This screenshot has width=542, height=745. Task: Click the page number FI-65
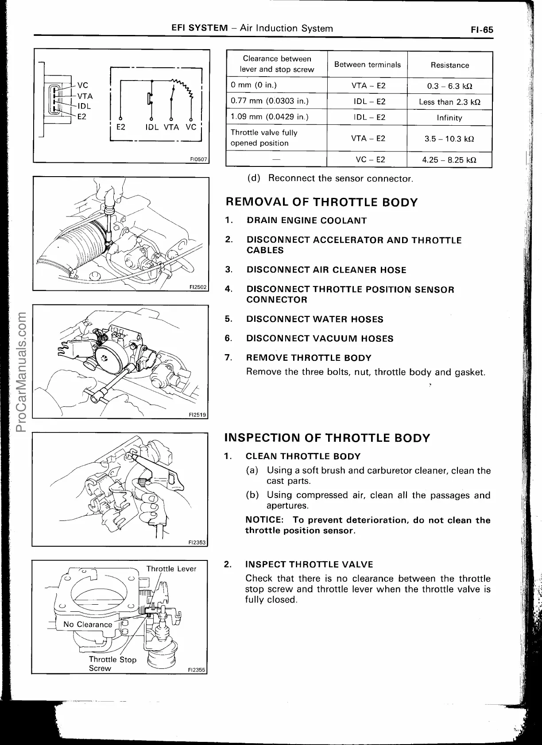tap(481, 30)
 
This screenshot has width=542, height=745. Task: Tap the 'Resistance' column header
tap(449, 65)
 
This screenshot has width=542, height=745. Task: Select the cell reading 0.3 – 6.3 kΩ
tap(449, 86)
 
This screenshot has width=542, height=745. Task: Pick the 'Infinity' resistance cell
tap(449, 118)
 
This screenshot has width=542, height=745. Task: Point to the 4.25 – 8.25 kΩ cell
tap(449, 160)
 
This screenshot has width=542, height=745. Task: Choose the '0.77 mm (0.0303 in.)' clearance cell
tap(270, 101)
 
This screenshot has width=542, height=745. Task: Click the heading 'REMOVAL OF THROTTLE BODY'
tap(321, 203)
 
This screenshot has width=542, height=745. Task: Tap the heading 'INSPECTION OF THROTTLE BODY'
tap(327, 438)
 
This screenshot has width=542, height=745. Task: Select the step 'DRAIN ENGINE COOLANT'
tap(306, 220)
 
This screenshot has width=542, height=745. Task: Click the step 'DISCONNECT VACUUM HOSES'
tap(320, 339)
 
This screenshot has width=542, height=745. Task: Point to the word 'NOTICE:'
tap(264, 520)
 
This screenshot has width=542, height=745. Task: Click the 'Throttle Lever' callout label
tap(171, 569)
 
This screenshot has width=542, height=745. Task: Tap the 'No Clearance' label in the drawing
tap(88, 625)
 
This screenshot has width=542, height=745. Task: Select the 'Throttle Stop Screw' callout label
tap(112, 664)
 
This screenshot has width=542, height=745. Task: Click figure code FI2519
tap(197, 415)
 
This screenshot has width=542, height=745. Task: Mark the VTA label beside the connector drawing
tap(85, 96)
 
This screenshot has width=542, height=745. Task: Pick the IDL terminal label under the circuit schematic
tap(152, 127)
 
